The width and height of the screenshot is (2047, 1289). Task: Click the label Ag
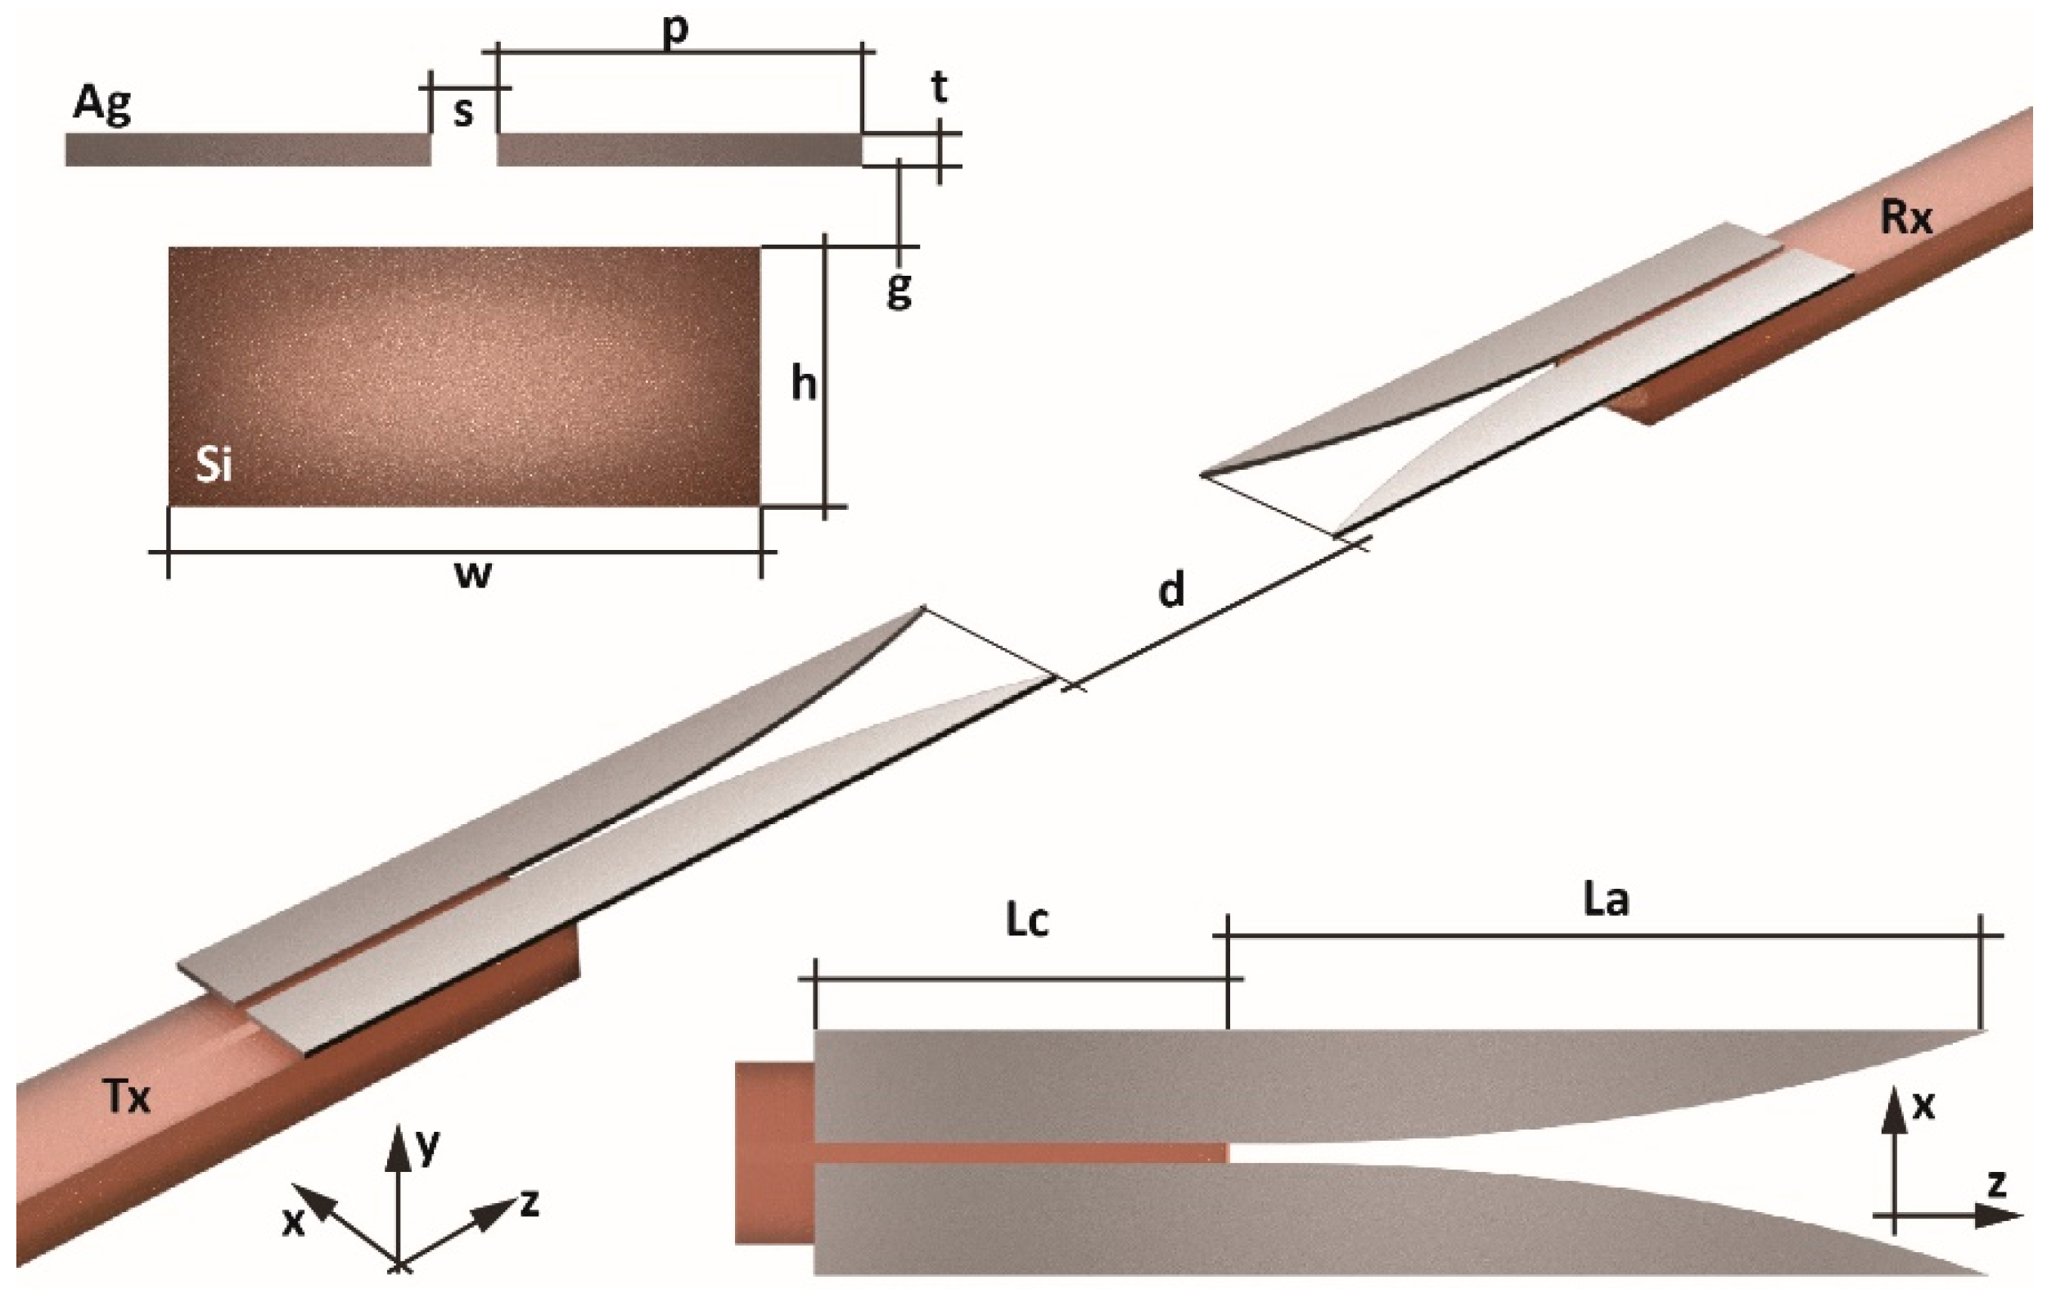[102, 105]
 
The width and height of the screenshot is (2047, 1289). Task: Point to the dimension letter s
[462, 111]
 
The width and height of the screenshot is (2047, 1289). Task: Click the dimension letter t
[940, 87]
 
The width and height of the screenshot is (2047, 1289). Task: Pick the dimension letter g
[899, 290]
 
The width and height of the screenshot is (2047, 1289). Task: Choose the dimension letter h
[803, 384]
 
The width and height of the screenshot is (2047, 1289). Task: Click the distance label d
[1171, 588]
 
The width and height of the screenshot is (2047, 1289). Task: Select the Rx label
[1907, 218]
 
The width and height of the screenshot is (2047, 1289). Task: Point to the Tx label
[128, 1097]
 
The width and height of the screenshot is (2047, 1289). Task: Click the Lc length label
[1027, 921]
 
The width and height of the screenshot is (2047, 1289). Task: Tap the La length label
[1606, 900]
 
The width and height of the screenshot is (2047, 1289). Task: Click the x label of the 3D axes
[293, 1222]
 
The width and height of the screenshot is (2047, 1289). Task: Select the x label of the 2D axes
[1923, 1105]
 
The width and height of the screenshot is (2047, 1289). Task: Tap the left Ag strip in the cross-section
[247, 150]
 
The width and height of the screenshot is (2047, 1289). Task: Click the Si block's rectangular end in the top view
[774, 1152]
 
